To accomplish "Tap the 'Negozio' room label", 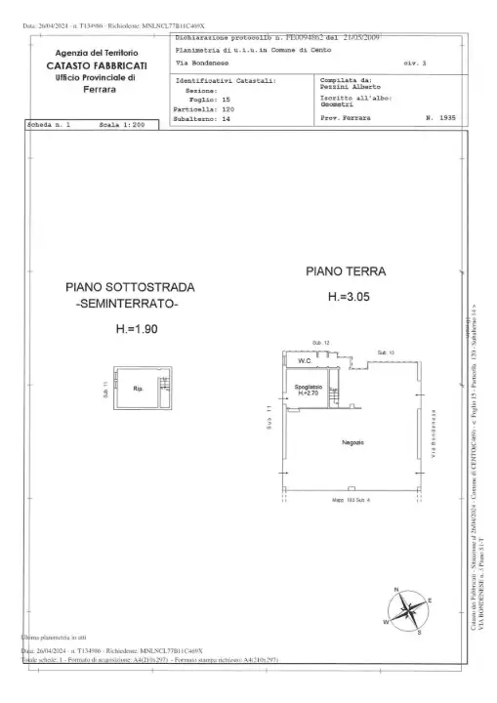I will click(352, 443).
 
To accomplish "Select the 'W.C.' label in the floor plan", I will click(304, 361).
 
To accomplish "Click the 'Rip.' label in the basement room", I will click(138, 389).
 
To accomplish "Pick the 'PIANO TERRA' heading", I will click(345, 270).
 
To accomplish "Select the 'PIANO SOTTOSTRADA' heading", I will click(130, 287).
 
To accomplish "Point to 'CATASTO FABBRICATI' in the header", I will click(97, 64).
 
